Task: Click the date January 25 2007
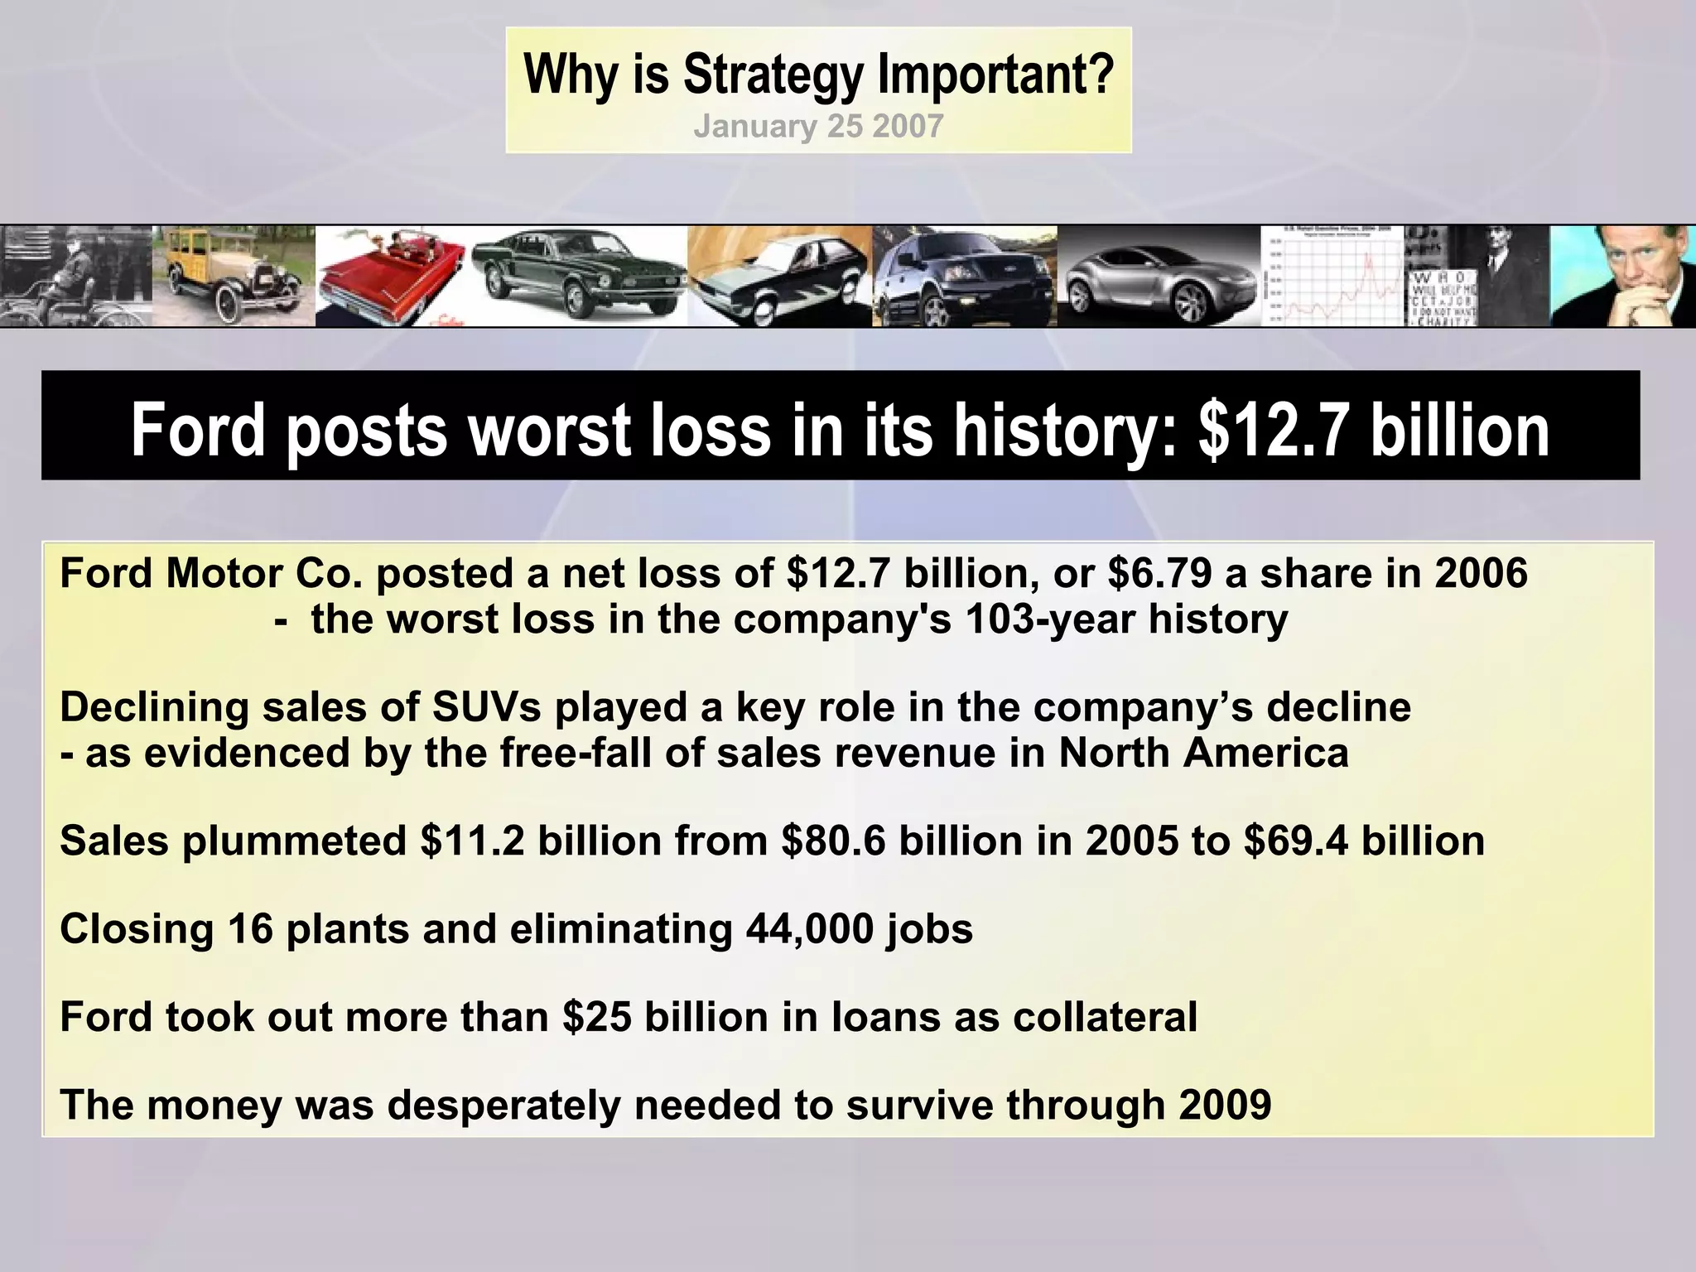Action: pyautogui.click(x=818, y=127)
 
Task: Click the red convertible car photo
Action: pyautogui.click(x=394, y=277)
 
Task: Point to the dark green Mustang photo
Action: pyautogui.click(x=579, y=277)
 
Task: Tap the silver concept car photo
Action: pyautogui.click(x=1159, y=277)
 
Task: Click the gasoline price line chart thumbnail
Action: pyautogui.click(x=1332, y=277)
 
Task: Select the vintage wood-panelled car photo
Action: pyautogui.click(x=234, y=277)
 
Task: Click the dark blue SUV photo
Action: pyautogui.click(x=964, y=277)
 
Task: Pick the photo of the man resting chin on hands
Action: pyautogui.click(x=1621, y=277)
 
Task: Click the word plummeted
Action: pyautogui.click(x=295, y=841)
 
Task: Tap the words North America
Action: pyautogui.click(x=1203, y=753)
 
